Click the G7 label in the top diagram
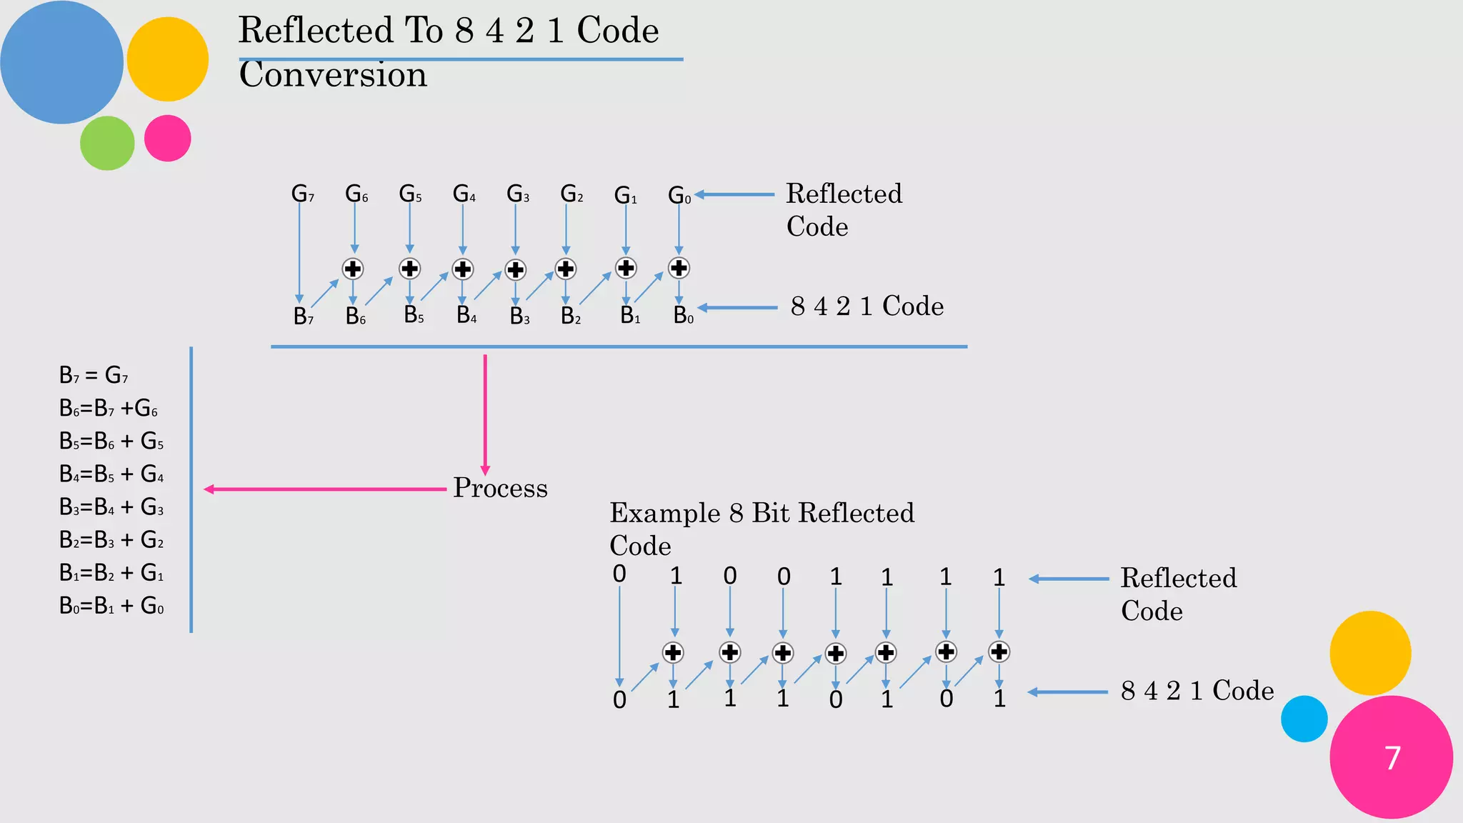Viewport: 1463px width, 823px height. pos(302,194)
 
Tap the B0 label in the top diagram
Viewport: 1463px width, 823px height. pos(683,315)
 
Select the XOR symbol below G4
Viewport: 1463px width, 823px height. pos(463,269)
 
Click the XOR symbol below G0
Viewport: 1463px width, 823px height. pos(679,268)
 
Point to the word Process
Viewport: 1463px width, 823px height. pos(500,488)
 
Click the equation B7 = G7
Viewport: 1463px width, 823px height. pos(94,375)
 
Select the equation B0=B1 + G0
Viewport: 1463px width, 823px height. pos(111,606)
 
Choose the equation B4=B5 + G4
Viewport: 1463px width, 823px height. pos(111,474)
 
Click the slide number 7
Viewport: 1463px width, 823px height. pos(1392,758)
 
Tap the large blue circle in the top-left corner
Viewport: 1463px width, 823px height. pos(61,62)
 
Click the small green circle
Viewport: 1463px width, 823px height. pos(107,143)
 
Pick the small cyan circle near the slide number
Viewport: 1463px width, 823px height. pos(1304,719)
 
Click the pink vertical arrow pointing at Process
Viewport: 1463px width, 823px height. pos(485,414)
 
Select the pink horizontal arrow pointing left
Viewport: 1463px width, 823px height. pos(325,489)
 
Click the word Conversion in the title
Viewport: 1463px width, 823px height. pos(333,75)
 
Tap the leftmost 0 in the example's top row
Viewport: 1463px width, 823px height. pos(619,574)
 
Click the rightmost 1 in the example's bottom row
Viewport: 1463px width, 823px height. pos(999,699)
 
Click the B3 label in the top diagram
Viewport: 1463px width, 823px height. pos(519,316)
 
